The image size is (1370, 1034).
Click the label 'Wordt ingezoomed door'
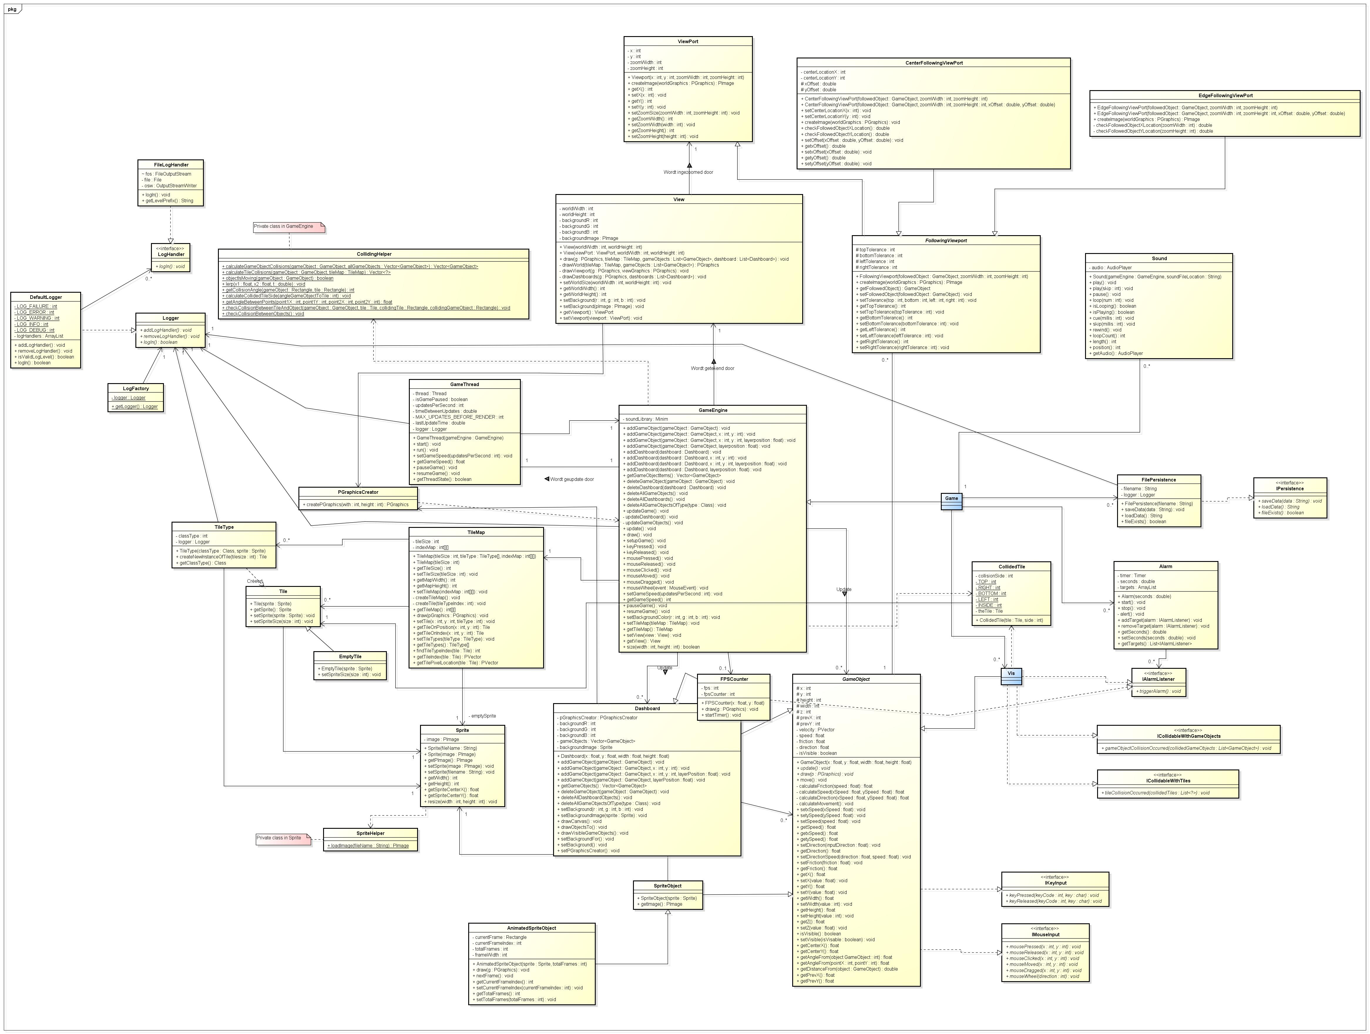(x=688, y=172)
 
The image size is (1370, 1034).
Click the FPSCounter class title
(x=734, y=679)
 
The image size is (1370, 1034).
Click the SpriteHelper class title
(x=370, y=833)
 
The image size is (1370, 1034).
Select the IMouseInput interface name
(x=1045, y=934)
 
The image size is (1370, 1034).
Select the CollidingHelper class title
(x=374, y=254)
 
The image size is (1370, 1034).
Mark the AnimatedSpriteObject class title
(x=531, y=928)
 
